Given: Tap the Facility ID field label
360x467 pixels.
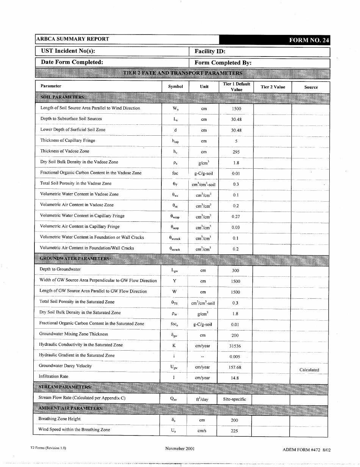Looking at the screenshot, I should (x=210, y=51).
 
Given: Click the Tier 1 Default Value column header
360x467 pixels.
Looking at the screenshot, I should (x=236, y=87).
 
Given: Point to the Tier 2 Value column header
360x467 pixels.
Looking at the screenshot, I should (x=273, y=87).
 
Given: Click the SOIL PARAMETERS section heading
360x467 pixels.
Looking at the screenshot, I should (x=63, y=97).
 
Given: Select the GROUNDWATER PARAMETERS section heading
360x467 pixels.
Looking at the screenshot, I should (x=75, y=259).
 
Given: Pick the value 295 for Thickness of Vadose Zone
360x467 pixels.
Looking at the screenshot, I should (x=236, y=152).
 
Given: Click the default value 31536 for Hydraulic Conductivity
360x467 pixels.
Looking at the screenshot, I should (x=235, y=346).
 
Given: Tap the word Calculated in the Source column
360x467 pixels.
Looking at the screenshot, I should (x=309, y=370).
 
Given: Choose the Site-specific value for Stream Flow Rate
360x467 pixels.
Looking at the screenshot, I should (x=235, y=399).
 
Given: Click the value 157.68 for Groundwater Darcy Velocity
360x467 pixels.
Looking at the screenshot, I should (x=235, y=367).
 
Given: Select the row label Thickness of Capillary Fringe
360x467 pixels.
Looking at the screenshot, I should (x=67, y=141).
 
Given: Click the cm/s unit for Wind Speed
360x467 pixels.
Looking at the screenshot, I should (x=203, y=431).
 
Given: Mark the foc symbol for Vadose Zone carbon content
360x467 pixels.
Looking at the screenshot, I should (x=175, y=173).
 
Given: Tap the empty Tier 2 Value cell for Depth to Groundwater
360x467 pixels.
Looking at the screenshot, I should (x=272, y=270).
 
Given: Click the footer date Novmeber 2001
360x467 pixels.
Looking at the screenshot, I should (x=180, y=448).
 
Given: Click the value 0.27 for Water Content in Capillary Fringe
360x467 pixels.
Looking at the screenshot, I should (x=236, y=217).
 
